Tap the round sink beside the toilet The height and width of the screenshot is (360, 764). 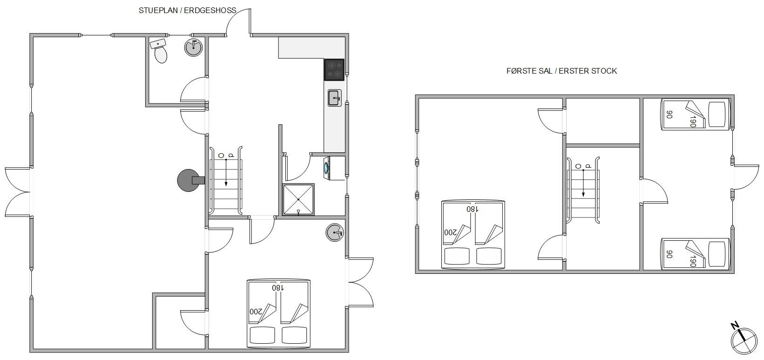(193, 48)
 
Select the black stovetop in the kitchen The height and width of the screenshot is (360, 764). (334, 69)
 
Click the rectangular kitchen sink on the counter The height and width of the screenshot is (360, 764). (334, 98)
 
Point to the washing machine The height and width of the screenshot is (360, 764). (334, 168)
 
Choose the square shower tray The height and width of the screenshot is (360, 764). (298, 200)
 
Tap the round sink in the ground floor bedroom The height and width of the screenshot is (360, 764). (335, 233)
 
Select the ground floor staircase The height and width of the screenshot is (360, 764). (226, 181)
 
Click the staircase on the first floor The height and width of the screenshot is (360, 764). (583, 190)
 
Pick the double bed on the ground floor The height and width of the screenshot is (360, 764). (278, 314)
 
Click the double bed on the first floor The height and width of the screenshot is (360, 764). (473, 235)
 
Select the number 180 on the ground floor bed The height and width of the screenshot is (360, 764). (278, 288)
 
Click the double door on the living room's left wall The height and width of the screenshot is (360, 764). (18, 192)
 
